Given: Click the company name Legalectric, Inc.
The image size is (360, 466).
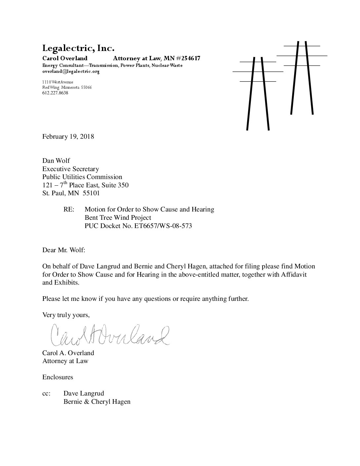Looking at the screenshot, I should click(x=78, y=49).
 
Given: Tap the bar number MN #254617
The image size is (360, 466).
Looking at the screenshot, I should click(x=182, y=59).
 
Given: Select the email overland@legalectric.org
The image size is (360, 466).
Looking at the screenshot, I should click(x=71, y=71).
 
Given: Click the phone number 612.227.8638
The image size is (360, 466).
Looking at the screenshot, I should click(x=55, y=93).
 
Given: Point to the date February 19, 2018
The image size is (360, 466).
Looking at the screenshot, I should click(x=68, y=136).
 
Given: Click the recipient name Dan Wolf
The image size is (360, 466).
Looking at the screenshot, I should click(x=56, y=161).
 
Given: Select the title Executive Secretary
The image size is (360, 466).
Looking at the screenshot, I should click(x=70, y=169).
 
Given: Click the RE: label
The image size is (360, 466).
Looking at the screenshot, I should click(x=69, y=210).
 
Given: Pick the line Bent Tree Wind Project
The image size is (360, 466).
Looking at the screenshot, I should click(x=118, y=218).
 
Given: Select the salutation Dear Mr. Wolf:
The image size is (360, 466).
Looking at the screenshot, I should click(x=64, y=250).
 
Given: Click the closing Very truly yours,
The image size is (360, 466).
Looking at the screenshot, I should click(x=66, y=315).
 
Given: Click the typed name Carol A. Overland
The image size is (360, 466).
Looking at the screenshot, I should click(x=68, y=353).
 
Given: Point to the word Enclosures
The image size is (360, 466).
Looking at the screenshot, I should click(x=58, y=377).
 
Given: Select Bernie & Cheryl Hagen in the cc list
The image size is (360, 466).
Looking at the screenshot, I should click(x=97, y=402).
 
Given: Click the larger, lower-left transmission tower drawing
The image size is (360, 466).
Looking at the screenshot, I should click(x=258, y=93).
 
